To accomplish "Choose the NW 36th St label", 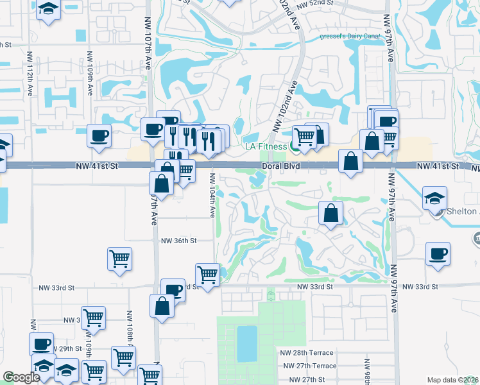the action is tap(178, 241).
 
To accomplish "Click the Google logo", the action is tap(21, 378).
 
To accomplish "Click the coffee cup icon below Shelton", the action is tap(438, 253).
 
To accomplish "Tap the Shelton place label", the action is tap(465, 212).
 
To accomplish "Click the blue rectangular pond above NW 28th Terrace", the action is tap(246, 344).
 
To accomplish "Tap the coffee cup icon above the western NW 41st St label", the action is tap(99, 135).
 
